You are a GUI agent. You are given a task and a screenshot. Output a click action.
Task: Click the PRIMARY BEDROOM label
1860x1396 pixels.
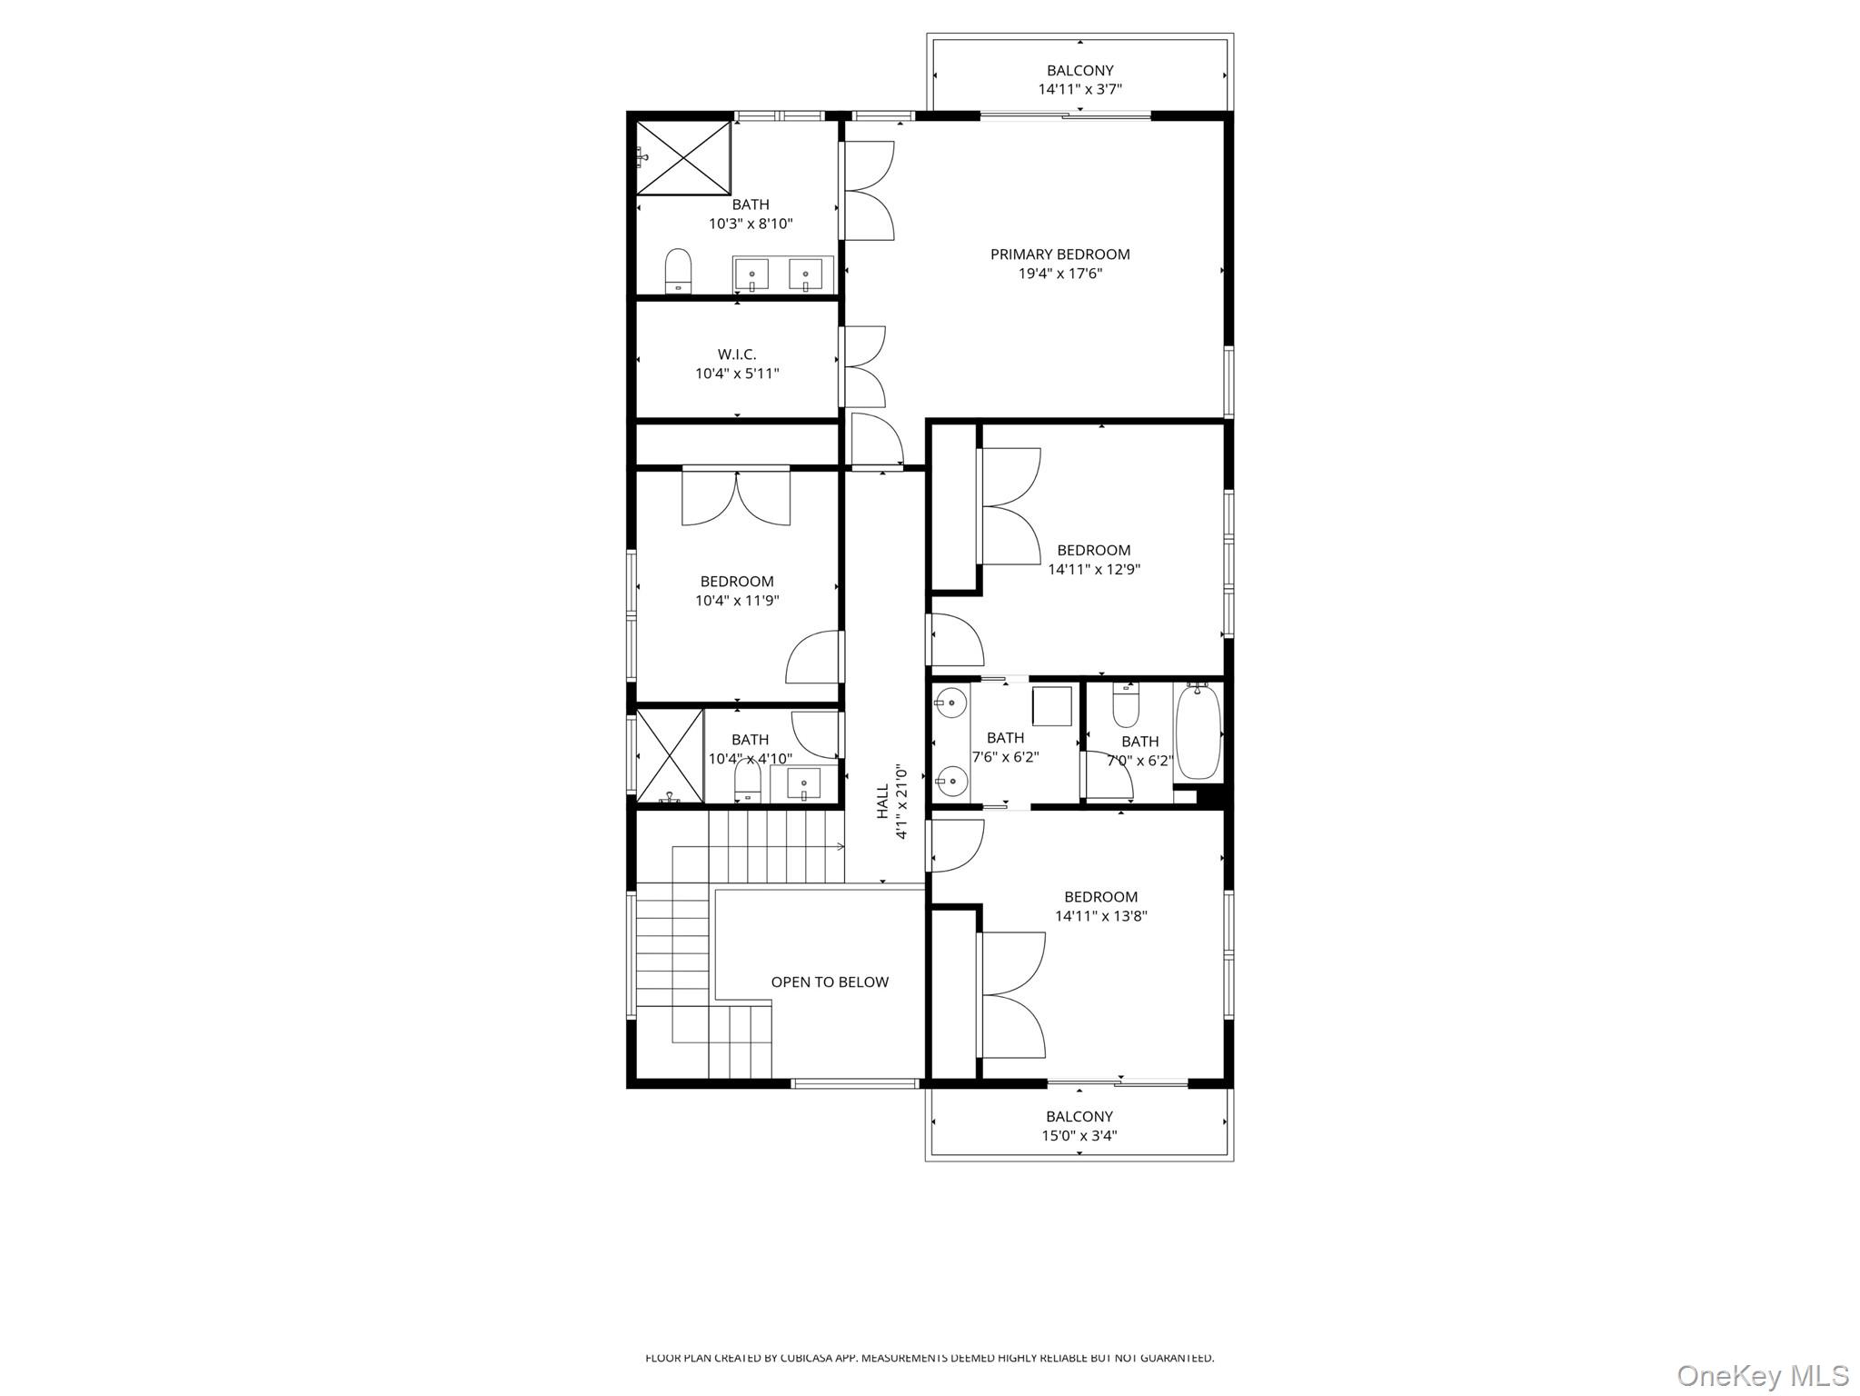pyautogui.click(x=1059, y=254)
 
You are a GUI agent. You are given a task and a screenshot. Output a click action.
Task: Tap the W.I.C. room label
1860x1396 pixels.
pyautogui.click(x=737, y=354)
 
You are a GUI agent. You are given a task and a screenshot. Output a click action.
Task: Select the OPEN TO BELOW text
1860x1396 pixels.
pyautogui.click(x=830, y=982)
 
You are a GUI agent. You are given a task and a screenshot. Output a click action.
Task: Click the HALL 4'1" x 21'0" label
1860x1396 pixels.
pyautogui.click(x=891, y=801)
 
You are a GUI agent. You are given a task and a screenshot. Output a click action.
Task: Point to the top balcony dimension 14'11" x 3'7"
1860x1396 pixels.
pyautogui.click(x=1079, y=89)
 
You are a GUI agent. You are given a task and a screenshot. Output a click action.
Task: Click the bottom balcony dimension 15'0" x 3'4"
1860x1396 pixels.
pyautogui.click(x=1079, y=1135)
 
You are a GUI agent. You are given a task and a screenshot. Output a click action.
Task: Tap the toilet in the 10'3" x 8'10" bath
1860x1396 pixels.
pyautogui.click(x=678, y=271)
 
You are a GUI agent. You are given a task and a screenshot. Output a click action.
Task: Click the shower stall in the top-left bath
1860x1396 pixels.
pyautogui.click(x=683, y=157)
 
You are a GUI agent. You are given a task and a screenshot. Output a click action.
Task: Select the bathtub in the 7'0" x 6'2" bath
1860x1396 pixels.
pyautogui.click(x=1198, y=732)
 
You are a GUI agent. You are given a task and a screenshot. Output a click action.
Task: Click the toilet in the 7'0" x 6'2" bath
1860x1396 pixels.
pyautogui.click(x=1126, y=706)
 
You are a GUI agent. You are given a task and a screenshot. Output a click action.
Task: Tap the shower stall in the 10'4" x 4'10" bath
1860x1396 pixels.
pyautogui.click(x=670, y=756)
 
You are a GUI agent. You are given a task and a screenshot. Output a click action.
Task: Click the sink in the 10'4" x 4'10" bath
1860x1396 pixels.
pyautogui.click(x=803, y=783)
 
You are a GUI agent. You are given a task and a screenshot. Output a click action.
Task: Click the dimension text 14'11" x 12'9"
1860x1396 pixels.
pyautogui.click(x=1094, y=570)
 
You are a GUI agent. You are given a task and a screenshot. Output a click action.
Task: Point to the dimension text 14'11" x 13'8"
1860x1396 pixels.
pyautogui.click(x=1100, y=916)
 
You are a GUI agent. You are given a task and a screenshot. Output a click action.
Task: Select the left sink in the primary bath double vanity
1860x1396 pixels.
pyautogui.click(x=751, y=273)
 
